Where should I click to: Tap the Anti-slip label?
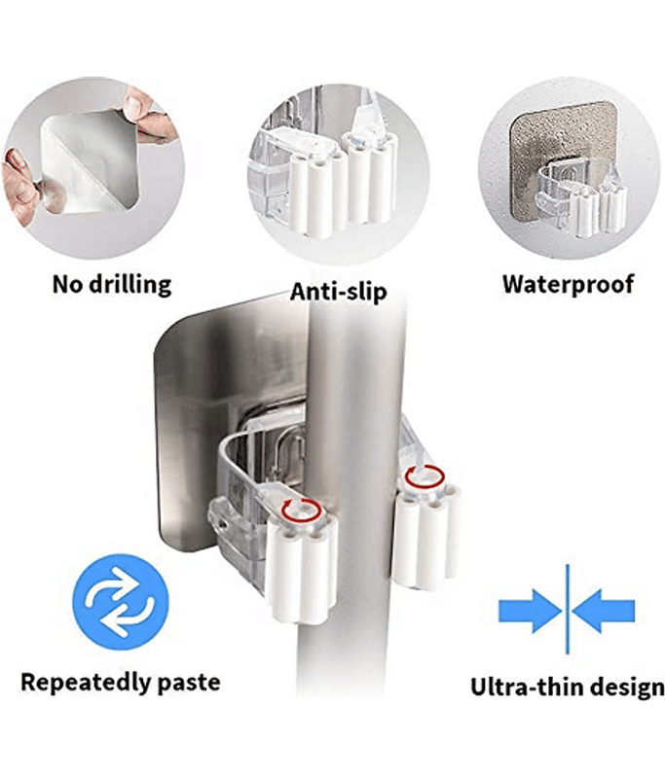(338, 291)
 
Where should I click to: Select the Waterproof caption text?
(569, 284)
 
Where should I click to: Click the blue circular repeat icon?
(121, 603)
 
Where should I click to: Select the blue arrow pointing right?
(530, 611)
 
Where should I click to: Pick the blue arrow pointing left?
(604, 611)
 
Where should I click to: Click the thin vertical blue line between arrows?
(568, 609)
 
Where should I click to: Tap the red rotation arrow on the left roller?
(300, 510)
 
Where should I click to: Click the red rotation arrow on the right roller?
(425, 477)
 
